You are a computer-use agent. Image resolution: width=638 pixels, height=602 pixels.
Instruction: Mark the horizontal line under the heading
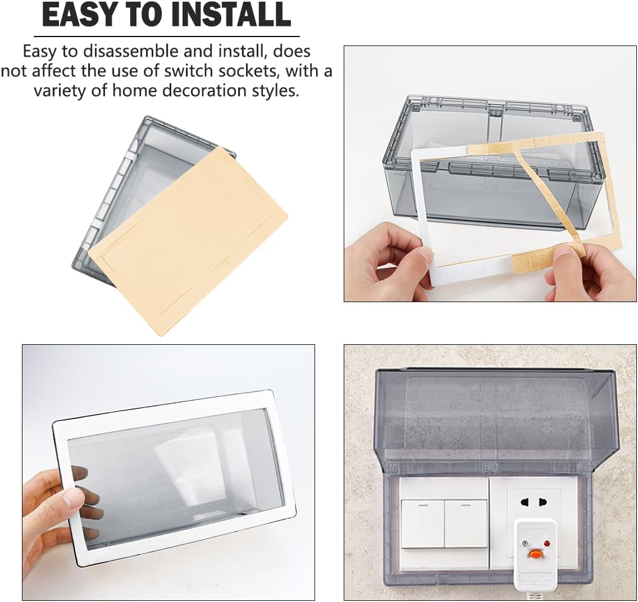click(166, 37)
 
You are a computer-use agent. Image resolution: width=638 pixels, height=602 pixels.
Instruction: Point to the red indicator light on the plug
click(547, 544)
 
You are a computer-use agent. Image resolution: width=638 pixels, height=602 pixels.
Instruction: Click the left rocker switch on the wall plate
click(423, 524)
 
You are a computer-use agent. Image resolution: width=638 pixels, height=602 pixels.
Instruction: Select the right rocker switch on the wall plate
click(466, 524)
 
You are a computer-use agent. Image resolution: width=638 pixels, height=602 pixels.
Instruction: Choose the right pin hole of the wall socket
click(543, 502)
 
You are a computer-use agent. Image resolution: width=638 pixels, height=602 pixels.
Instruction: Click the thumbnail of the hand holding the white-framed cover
click(168, 473)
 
